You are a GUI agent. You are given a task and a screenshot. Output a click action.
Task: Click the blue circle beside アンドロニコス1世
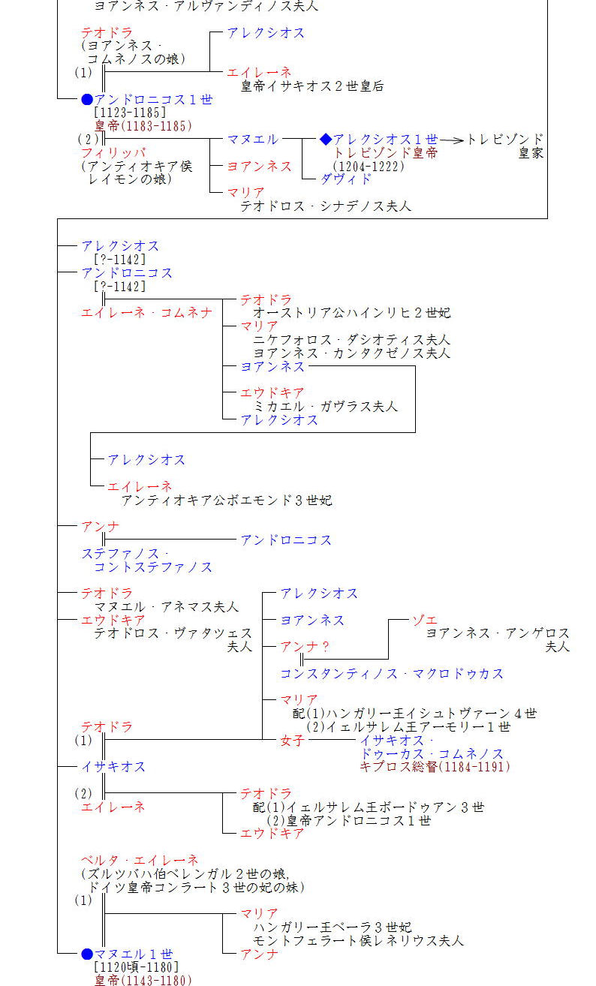point(87,99)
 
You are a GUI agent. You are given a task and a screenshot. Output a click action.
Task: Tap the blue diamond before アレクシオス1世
point(325,139)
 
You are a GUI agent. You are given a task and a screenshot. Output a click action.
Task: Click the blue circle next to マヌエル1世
point(87,954)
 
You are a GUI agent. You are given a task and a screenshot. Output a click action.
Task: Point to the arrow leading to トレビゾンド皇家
point(450,140)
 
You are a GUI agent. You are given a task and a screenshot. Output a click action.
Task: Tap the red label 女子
point(293,740)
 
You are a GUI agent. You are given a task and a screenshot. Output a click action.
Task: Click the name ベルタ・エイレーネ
point(140,860)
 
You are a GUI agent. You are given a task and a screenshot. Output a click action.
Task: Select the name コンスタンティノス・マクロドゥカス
point(392,674)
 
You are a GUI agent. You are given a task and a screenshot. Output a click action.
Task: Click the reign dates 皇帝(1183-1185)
point(143,126)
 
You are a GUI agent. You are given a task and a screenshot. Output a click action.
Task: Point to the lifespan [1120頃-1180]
point(137,967)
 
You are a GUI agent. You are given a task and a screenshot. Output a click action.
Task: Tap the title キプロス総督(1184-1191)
point(435,767)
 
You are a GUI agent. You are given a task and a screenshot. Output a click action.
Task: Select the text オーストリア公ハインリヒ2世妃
point(352,312)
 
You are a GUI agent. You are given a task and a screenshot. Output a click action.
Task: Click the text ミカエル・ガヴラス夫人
point(326,406)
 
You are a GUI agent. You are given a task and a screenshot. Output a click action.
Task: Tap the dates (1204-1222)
point(369,166)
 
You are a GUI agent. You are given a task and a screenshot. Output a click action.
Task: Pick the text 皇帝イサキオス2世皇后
point(312,86)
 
